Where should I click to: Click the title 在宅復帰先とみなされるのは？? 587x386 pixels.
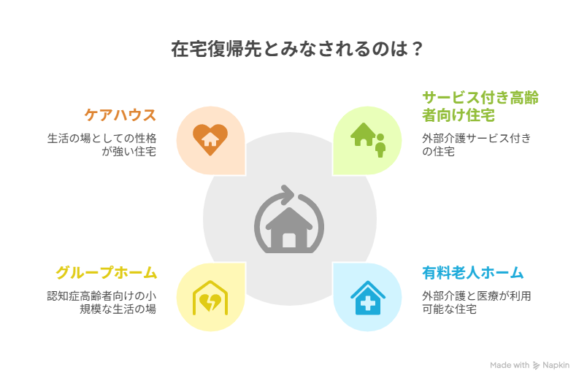click(x=297, y=49)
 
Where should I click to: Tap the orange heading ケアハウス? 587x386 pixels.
click(x=120, y=115)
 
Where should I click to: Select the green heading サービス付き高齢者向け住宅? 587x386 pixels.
click(x=480, y=107)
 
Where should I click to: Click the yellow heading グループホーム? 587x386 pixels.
click(x=107, y=272)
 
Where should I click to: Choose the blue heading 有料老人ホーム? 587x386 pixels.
click(x=473, y=273)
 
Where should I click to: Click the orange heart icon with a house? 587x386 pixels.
click(x=210, y=139)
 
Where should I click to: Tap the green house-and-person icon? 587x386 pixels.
click(x=368, y=140)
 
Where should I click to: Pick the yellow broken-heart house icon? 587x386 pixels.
click(x=210, y=298)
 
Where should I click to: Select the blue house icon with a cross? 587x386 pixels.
click(x=368, y=298)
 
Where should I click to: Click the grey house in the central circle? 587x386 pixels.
click(x=289, y=228)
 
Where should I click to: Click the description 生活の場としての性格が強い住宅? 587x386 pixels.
click(x=101, y=144)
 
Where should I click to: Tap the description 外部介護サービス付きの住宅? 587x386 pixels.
click(x=477, y=144)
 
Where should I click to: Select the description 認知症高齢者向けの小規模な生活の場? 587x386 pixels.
click(x=101, y=302)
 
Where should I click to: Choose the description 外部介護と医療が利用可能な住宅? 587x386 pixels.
click(x=477, y=302)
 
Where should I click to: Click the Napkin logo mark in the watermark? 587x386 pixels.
click(x=537, y=366)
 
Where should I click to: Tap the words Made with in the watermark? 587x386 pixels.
click(x=510, y=365)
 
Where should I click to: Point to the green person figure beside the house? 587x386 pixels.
click(x=380, y=145)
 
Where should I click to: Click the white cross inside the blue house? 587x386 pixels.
click(x=368, y=303)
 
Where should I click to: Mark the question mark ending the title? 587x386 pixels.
click(x=418, y=49)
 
